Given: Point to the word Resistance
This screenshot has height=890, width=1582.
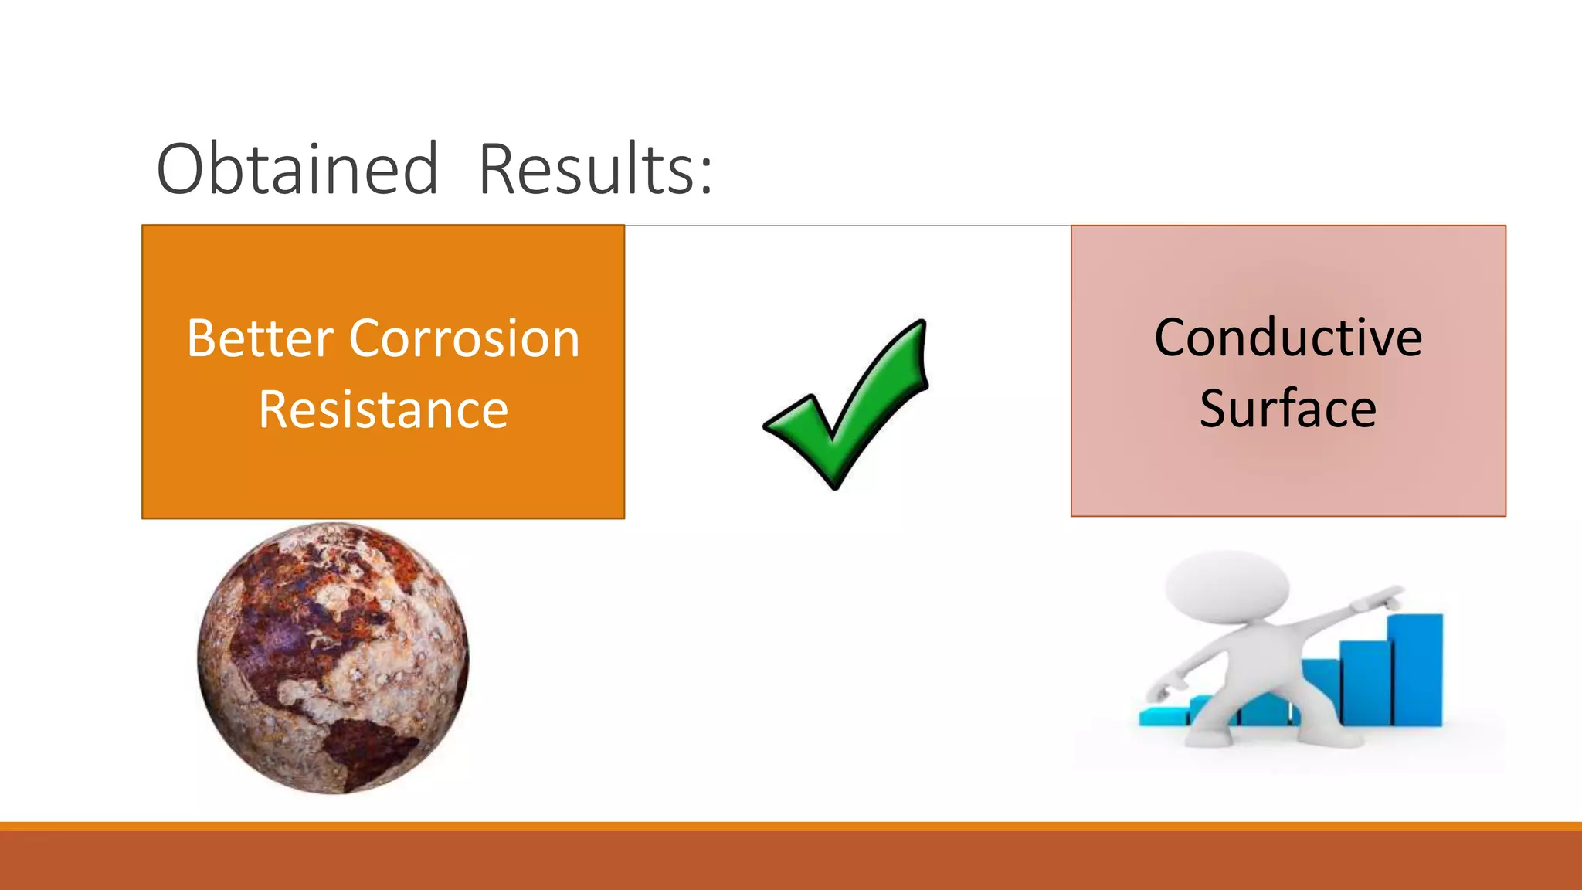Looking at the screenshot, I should pyautogui.click(x=383, y=409).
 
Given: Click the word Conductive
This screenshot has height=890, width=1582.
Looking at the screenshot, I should pyautogui.click(x=1288, y=338).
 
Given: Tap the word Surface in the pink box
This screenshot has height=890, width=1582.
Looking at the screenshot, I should pyautogui.click(x=1288, y=409).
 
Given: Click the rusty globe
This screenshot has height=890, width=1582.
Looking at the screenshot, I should pyautogui.click(x=333, y=657).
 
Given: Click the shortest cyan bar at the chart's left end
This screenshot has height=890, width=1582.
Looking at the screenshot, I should pyautogui.click(x=1163, y=716).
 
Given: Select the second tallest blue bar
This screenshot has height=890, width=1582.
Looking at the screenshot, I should pyautogui.click(x=1365, y=683).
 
